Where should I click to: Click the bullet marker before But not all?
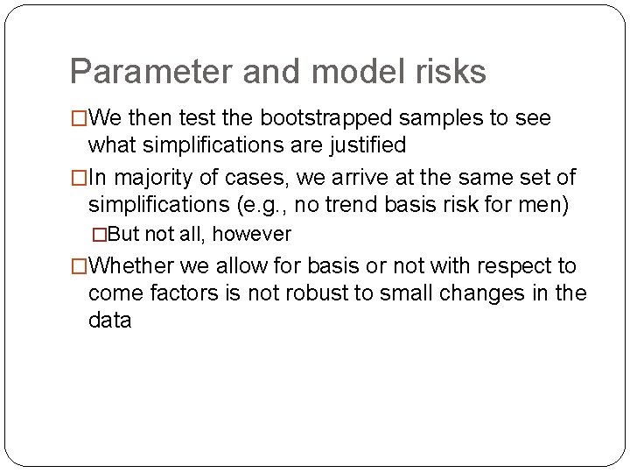[99, 235]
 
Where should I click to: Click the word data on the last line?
[109, 320]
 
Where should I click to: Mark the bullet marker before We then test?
[80, 118]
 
